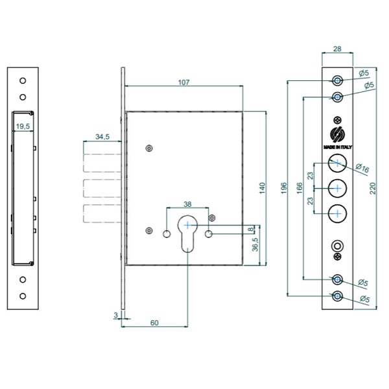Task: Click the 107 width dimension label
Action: [183, 82]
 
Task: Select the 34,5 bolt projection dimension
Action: [102, 137]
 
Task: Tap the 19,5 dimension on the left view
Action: [23, 126]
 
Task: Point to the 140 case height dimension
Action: [262, 188]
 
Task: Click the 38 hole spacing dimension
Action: [187, 204]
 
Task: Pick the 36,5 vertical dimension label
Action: [255, 244]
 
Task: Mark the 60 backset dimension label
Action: [154, 323]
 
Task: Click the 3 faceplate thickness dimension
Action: [115, 315]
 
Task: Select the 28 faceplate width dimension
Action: [337, 49]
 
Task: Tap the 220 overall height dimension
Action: [373, 188]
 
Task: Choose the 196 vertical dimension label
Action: [284, 188]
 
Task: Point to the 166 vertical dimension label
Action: [300, 188]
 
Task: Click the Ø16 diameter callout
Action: [362, 168]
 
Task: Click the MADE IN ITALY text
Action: [338, 147]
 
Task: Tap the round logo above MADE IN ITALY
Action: [338, 134]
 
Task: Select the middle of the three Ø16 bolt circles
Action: [337, 189]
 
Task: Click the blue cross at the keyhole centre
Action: [187, 225]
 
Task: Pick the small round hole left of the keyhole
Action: [167, 233]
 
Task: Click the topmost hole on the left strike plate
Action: [23, 80]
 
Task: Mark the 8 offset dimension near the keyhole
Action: [252, 230]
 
